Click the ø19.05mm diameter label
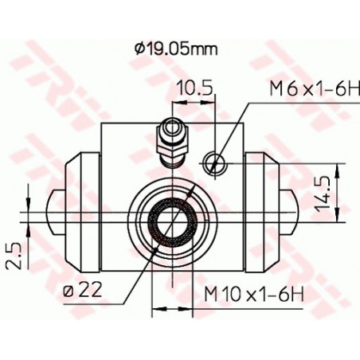pos(176,49)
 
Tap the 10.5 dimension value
pos(195,88)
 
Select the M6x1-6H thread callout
pos(315,88)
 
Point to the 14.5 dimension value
pos(323,193)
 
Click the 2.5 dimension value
pos(14,255)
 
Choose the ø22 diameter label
pos(83,289)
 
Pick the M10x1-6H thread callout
pos(254,294)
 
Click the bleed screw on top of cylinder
pos(173,143)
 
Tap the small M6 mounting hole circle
pos(215,162)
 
